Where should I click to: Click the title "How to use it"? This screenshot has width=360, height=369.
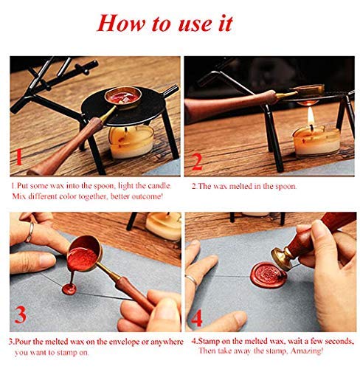[x=165, y=24]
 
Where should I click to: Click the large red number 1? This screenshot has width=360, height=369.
[x=18, y=157]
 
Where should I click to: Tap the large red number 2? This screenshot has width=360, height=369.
[x=198, y=162]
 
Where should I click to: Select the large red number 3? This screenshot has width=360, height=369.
[x=20, y=315]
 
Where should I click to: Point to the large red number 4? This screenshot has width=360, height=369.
[x=197, y=317]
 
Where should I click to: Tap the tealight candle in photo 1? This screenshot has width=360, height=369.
[x=131, y=142]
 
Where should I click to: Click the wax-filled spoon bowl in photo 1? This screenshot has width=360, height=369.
[x=123, y=96]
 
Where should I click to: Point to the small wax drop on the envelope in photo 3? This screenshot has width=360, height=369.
[x=69, y=289]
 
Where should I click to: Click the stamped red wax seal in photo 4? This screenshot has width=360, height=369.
[x=269, y=275]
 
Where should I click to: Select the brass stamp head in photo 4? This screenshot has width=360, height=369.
[x=280, y=258]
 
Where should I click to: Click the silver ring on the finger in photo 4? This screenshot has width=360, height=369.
[x=191, y=280]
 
